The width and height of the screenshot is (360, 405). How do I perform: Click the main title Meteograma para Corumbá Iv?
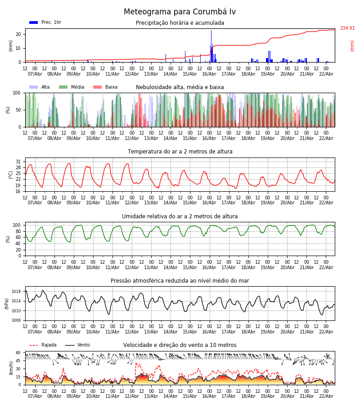pos(180,12)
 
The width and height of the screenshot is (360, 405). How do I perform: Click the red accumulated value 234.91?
pos(347,28)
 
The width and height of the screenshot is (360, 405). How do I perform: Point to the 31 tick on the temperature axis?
pos(18,162)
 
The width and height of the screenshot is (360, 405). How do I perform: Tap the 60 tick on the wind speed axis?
pos(18,353)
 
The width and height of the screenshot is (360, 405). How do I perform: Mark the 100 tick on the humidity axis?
pos(17,225)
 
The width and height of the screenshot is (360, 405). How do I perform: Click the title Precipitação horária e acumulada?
pos(180,23)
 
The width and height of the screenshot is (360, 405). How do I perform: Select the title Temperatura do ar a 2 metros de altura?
pos(180,152)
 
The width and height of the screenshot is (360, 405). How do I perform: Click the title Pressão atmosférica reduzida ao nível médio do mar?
pos(180,281)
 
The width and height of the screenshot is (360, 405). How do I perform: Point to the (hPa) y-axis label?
pos(7,303)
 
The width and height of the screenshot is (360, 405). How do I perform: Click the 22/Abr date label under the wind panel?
pos(326,396)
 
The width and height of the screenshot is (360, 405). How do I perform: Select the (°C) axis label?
pos(11,175)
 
